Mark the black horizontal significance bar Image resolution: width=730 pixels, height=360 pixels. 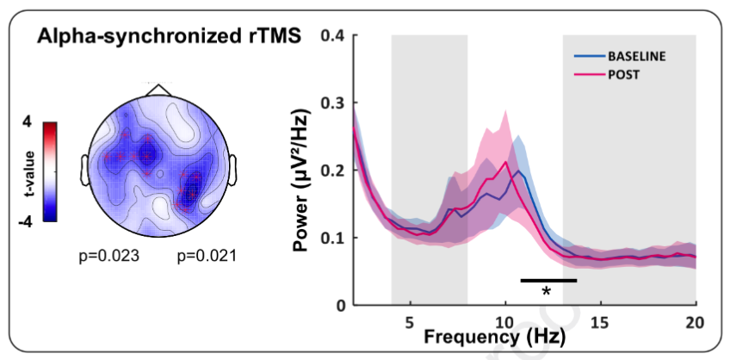pyautogui.click(x=548, y=280)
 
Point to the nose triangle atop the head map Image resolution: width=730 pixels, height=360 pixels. pyautogui.click(x=158, y=90)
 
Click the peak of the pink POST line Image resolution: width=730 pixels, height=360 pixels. pyautogui.click(x=505, y=162)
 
